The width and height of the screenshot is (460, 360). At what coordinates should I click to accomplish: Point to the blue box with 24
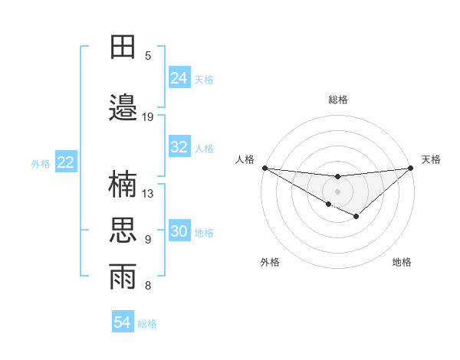point(179,78)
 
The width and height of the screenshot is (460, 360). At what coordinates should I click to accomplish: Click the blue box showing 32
point(179,147)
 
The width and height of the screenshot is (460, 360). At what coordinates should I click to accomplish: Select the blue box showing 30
point(179,231)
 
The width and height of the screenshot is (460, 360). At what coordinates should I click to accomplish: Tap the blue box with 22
point(66,162)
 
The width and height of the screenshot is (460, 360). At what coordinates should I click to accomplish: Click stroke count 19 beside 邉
point(148,117)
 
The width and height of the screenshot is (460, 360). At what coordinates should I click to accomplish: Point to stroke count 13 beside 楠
point(148,194)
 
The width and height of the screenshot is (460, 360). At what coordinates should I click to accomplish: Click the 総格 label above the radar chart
point(337,100)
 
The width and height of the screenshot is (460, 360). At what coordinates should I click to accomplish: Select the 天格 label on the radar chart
point(431,159)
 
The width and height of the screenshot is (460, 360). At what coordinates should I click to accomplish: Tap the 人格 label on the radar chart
point(245,159)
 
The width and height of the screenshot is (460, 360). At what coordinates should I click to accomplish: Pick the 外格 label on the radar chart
point(270,262)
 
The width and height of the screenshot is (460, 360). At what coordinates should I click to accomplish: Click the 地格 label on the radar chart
point(402,262)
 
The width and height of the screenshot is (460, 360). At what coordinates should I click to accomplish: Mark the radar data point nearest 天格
point(411,168)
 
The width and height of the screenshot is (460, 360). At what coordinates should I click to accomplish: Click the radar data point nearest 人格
point(264,168)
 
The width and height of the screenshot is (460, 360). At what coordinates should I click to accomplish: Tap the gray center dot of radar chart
point(337,191)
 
